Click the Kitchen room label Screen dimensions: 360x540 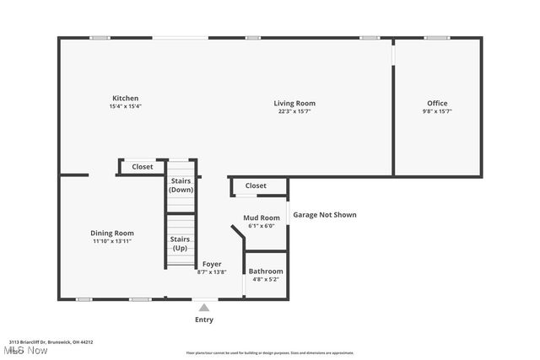(x=124, y=98)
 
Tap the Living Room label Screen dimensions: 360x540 (x=294, y=103)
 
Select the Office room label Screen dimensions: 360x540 (x=437, y=103)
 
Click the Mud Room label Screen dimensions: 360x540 (x=261, y=218)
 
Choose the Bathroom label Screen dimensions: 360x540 (x=265, y=271)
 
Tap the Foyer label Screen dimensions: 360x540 (x=211, y=264)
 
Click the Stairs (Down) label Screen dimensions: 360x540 (x=181, y=185)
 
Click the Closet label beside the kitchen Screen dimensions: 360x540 (x=143, y=167)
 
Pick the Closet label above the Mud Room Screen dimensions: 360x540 (x=256, y=185)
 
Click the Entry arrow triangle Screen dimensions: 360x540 (x=204, y=308)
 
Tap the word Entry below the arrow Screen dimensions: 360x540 (x=204, y=320)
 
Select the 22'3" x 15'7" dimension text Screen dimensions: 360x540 (x=294, y=111)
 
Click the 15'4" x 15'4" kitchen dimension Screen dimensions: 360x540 (x=124, y=106)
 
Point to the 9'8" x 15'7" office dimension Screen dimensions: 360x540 (x=437, y=111)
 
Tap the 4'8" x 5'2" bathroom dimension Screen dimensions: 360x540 (x=265, y=279)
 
